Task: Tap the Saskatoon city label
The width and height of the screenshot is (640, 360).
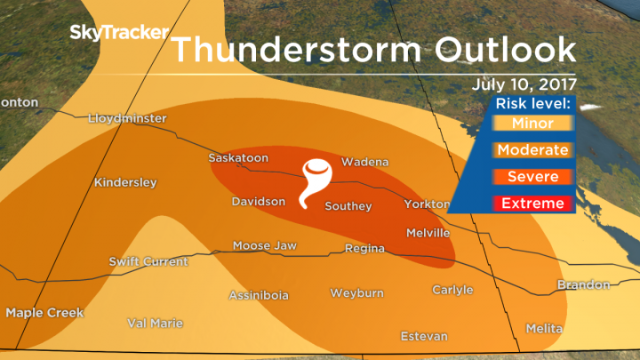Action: (238, 158)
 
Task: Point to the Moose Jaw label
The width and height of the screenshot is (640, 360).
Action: (265, 246)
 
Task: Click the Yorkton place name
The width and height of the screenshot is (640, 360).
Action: (427, 204)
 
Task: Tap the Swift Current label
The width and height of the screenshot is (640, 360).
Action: (148, 261)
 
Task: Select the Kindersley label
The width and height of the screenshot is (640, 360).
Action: (125, 183)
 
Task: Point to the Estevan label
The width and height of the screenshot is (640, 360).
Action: (424, 336)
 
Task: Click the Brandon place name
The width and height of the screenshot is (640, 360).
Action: (583, 285)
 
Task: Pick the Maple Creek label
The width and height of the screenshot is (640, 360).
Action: (44, 313)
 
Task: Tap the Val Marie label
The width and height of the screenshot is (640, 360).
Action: (155, 324)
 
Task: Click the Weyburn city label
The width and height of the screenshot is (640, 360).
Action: (356, 292)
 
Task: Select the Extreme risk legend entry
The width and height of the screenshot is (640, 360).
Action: (532, 204)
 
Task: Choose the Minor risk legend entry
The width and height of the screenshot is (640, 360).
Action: (532, 124)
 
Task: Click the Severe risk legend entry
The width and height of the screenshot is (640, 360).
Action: (532, 177)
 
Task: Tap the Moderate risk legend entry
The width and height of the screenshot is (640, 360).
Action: (532, 150)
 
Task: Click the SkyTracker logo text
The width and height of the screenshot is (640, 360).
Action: (119, 34)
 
